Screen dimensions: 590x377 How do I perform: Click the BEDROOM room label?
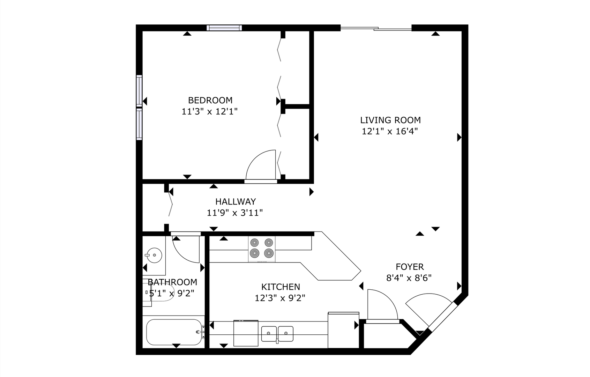(x=210, y=101)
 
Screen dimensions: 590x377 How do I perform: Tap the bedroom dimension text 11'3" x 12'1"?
(x=210, y=111)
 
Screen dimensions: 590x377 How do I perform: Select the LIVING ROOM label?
(x=390, y=120)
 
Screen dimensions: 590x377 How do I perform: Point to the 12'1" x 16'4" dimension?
(x=390, y=131)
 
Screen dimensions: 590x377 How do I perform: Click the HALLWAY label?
(x=236, y=201)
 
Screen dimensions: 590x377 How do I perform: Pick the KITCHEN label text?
(x=281, y=287)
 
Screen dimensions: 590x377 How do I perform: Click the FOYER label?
(x=410, y=267)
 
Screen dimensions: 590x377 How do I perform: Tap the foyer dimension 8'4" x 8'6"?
(x=409, y=278)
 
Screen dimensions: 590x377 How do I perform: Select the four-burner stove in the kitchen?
(x=262, y=249)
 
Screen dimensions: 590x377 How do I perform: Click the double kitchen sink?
(x=277, y=334)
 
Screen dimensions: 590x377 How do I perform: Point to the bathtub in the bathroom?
(x=174, y=332)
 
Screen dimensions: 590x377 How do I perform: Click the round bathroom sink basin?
(x=154, y=255)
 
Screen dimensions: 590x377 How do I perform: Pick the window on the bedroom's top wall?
(x=224, y=28)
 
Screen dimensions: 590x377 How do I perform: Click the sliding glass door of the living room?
(x=376, y=28)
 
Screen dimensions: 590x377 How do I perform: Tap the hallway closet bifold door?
(x=170, y=204)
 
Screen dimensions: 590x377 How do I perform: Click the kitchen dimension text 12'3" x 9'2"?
(x=280, y=298)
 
